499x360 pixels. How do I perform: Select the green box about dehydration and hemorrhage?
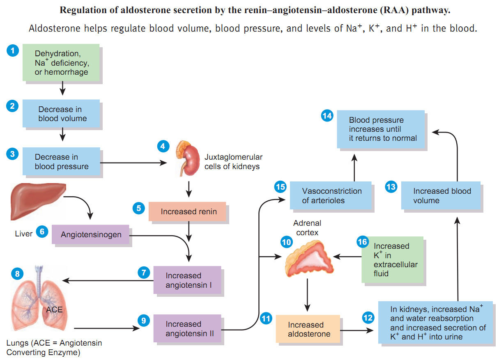tap(61, 64)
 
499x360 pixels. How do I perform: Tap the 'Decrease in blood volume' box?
tap(61, 114)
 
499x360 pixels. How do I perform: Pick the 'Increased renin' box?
tap(188, 211)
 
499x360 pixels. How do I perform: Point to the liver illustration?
tap(37, 202)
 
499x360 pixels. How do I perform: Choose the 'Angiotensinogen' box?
tap(91, 234)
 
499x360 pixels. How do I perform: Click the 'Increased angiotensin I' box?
tap(188, 280)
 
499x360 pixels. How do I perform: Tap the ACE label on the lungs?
tap(54, 309)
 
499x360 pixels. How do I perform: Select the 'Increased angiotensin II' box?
tap(188, 328)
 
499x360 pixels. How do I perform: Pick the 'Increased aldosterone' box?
tap(308, 329)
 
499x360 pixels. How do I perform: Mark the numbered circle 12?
tap(368, 317)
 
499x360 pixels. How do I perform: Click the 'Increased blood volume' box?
tap(442, 196)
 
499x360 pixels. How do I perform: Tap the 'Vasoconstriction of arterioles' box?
tap(331, 196)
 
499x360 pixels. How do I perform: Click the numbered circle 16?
tap(362, 242)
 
